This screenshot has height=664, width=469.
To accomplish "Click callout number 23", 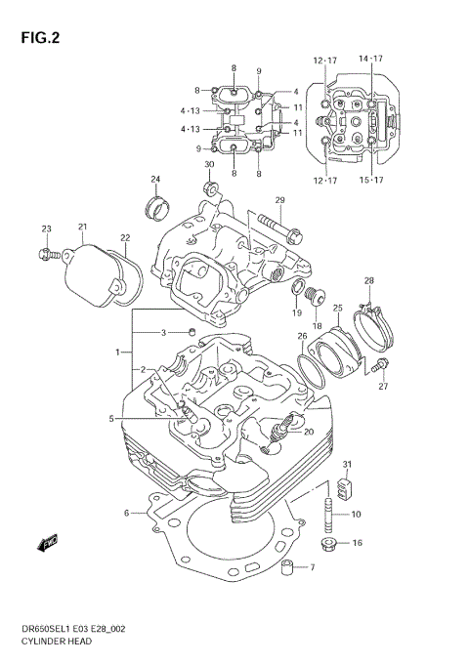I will [46, 228].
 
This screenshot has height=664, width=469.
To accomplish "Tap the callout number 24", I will [154, 179].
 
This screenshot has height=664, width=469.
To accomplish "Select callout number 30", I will [209, 164].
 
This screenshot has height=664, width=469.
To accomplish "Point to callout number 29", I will [278, 201].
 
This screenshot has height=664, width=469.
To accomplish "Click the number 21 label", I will [83, 228].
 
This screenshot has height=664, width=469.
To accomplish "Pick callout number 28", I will [369, 281].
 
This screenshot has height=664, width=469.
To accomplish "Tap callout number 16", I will [357, 543].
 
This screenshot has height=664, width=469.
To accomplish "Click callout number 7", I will [313, 568].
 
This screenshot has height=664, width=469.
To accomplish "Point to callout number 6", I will [127, 513].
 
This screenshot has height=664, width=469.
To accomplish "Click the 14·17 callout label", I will [370, 60].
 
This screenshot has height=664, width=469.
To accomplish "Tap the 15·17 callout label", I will [370, 181].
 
